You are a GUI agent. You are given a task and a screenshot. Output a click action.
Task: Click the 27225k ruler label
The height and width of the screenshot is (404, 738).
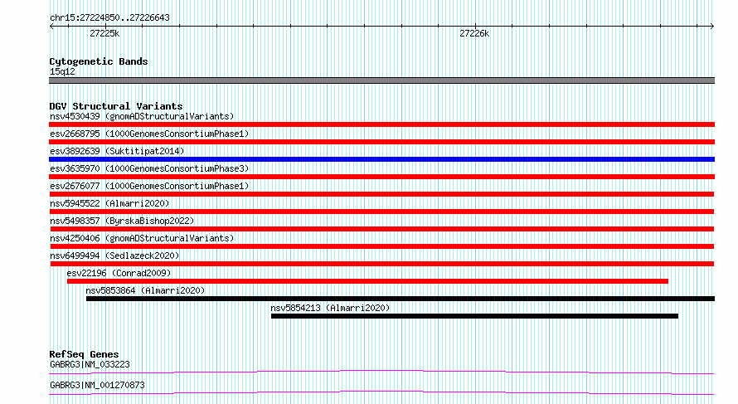pyautogui.click(x=104, y=33)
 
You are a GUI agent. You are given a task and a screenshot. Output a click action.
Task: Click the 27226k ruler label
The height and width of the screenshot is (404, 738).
pyautogui.click(x=474, y=33)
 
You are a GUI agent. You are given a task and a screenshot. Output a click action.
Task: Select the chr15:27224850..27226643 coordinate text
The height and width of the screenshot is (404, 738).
pyautogui.click(x=109, y=18)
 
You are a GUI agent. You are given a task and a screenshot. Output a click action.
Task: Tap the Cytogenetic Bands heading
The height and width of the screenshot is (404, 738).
pyautogui.click(x=99, y=61)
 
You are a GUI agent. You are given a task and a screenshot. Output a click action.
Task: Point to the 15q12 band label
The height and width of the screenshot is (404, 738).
pyautogui.click(x=62, y=71)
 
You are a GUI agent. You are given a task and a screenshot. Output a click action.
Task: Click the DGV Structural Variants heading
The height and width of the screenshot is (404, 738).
pyautogui.click(x=116, y=106)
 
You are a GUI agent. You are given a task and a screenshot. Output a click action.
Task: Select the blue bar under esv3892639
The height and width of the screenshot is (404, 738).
pyautogui.click(x=381, y=159)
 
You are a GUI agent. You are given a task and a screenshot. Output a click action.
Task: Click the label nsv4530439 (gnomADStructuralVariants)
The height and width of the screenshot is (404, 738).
pyautogui.click(x=142, y=116)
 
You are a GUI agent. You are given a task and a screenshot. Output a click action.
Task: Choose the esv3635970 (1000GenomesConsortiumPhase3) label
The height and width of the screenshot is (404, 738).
pyautogui.click(x=149, y=168)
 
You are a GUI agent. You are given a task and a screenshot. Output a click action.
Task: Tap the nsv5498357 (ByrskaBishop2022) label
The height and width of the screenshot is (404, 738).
pyautogui.click(x=122, y=221)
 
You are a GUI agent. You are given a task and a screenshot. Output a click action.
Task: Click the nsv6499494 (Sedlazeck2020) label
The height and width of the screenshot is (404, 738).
pyautogui.click(x=114, y=256)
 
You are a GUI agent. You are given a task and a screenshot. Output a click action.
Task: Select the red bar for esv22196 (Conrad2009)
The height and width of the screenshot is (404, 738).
pyautogui.click(x=367, y=281)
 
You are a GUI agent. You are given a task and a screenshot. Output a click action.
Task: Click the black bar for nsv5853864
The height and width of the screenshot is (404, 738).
pyautogui.click(x=401, y=299)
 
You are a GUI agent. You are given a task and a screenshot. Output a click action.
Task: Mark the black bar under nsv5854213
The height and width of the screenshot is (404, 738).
pyautogui.click(x=474, y=316)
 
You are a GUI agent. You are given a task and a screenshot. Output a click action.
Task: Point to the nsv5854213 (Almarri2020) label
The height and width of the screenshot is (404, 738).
pyautogui.click(x=330, y=308)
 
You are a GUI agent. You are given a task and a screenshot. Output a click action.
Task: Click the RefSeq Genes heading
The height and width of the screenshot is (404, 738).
pyautogui.click(x=84, y=354)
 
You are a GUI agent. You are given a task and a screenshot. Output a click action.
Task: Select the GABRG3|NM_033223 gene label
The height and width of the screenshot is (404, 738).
pyautogui.click(x=90, y=364)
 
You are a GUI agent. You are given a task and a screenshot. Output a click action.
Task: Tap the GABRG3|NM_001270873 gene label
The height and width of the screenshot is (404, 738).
pyautogui.click(x=97, y=385)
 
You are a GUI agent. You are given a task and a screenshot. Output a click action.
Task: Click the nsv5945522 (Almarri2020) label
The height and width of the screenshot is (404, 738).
pyautogui.click(x=109, y=203)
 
